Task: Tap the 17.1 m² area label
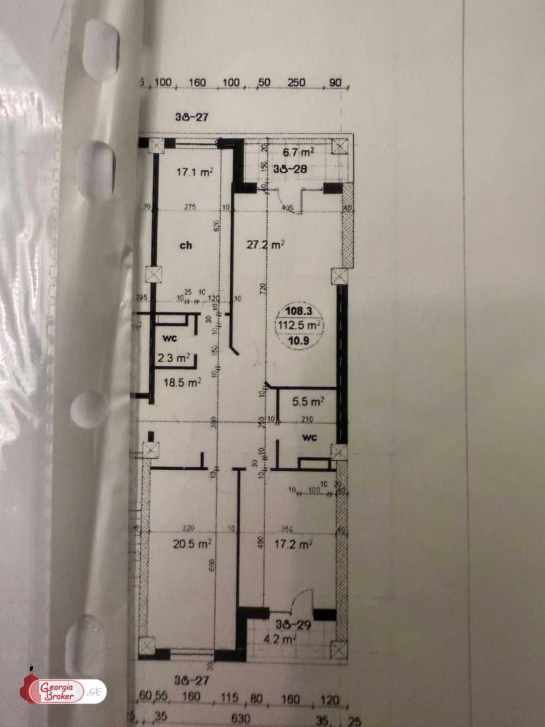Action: click(195, 172)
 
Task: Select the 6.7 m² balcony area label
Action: click(298, 152)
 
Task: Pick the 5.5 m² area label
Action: click(308, 402)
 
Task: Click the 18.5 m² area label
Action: click(182, 383)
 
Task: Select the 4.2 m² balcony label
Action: click(280, 640)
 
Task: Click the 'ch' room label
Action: click(186, 245)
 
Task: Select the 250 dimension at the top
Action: click(296, 82)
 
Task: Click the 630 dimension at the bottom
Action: click(241, 718)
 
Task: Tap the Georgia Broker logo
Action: click(63, 692)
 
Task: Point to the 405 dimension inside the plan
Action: click(287, 209)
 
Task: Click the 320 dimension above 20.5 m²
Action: click(188, 528)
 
